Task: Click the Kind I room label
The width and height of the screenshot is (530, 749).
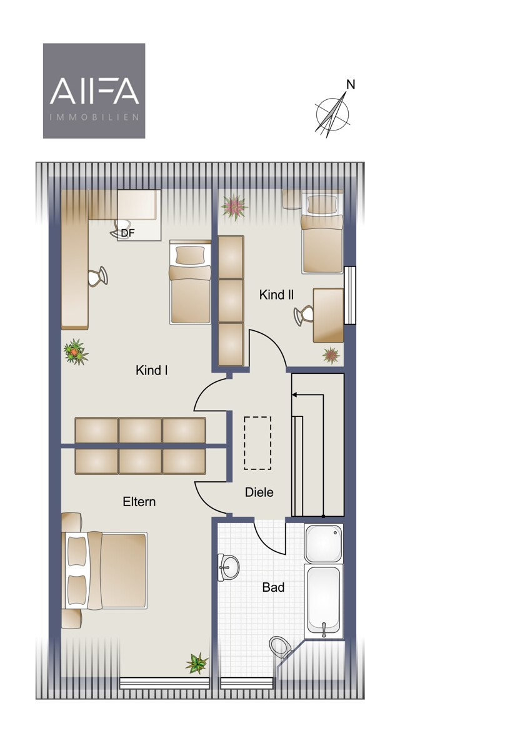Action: [x=152, y=371]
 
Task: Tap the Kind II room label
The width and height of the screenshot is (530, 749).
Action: [x=276, y=295]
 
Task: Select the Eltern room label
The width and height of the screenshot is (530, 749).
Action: [x=139, y=502]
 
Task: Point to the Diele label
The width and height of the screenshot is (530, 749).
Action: [x=259, y=492]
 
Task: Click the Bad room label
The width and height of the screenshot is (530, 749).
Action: [x=274, y=587]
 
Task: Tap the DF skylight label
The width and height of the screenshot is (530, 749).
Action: [x=127, y=233]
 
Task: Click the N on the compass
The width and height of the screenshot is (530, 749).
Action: [x=351, y=85]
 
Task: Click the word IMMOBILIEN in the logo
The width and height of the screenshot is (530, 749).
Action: [x=94, y=117]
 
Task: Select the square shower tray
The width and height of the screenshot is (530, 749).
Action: [x=324, y=544]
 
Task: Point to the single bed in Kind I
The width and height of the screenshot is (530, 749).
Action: [x=190, y=282]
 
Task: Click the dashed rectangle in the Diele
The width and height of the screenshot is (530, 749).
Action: [x=257, y=443]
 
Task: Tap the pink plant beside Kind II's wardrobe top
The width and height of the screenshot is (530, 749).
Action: [x=234, y=207]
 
